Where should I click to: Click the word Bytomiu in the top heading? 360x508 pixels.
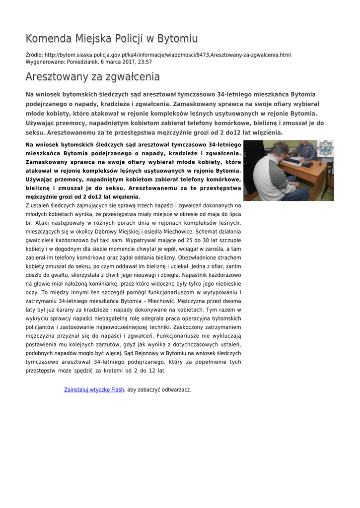pyautogui.click(x=177, y=39)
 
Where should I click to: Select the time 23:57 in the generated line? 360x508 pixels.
pyautogui.click(x=144, y=62)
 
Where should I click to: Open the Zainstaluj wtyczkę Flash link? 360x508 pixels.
pyautogui.click(x=94, y=390)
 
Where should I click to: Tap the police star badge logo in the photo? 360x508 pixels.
pyautogui.click(x=326, y=148)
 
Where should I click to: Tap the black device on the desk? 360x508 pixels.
pyautogui.click(x=307, y=164)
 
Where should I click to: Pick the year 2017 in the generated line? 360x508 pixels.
pyautogui.click(x=126, y=62)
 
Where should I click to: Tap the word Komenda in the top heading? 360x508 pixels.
pyautogui.click(x=48, y=39)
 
